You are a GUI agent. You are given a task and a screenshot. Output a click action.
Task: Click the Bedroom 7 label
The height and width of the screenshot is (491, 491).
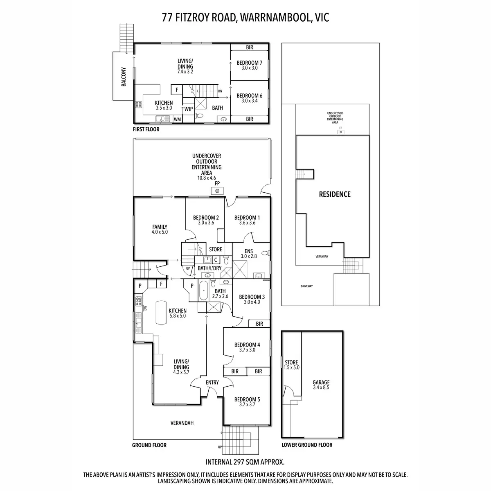click(249, 63)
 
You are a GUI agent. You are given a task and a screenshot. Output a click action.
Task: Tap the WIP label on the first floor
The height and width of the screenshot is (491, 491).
click(188, 109)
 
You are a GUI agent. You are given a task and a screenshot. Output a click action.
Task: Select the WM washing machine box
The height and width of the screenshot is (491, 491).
click(177, 119)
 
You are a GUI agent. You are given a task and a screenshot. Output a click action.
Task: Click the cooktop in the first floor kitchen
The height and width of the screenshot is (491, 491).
click(138, 104)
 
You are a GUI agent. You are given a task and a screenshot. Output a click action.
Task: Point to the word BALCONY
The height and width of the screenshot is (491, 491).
click(124, 77)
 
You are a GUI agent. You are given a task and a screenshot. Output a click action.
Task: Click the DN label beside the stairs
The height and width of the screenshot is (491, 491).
click(220, 91)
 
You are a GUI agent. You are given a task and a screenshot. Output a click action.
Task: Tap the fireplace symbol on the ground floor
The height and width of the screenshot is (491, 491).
click(217, 191)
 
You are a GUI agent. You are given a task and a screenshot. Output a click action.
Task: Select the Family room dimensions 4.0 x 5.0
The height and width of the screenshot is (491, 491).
click(160, 232)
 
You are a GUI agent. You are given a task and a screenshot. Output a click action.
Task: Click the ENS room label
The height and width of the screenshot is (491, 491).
click(248, 251)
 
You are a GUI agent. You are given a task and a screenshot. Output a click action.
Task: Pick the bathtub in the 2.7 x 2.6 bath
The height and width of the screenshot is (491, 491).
click(203, 291)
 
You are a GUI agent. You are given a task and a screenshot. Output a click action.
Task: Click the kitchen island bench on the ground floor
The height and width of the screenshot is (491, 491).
click(161, 312)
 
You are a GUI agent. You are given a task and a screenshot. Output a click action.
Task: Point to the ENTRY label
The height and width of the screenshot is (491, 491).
click(212, 382)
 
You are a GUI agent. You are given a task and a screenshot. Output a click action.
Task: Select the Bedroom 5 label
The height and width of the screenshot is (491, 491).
click(247, 399)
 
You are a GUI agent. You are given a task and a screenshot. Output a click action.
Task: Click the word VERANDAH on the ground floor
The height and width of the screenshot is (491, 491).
click(182, 423)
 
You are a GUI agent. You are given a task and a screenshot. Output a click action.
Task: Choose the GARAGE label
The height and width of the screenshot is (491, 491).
click(321, 382)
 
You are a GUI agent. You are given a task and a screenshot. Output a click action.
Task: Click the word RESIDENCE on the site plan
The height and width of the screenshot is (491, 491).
click(335, 194)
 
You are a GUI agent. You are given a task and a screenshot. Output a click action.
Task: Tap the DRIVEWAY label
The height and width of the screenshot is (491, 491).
click(306, 286)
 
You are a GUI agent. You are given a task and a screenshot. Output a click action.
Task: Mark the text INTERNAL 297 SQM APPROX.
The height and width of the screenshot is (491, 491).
click(245, 462)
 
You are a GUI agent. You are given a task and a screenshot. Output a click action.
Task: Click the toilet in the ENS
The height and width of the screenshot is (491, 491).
click(266, 253)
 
